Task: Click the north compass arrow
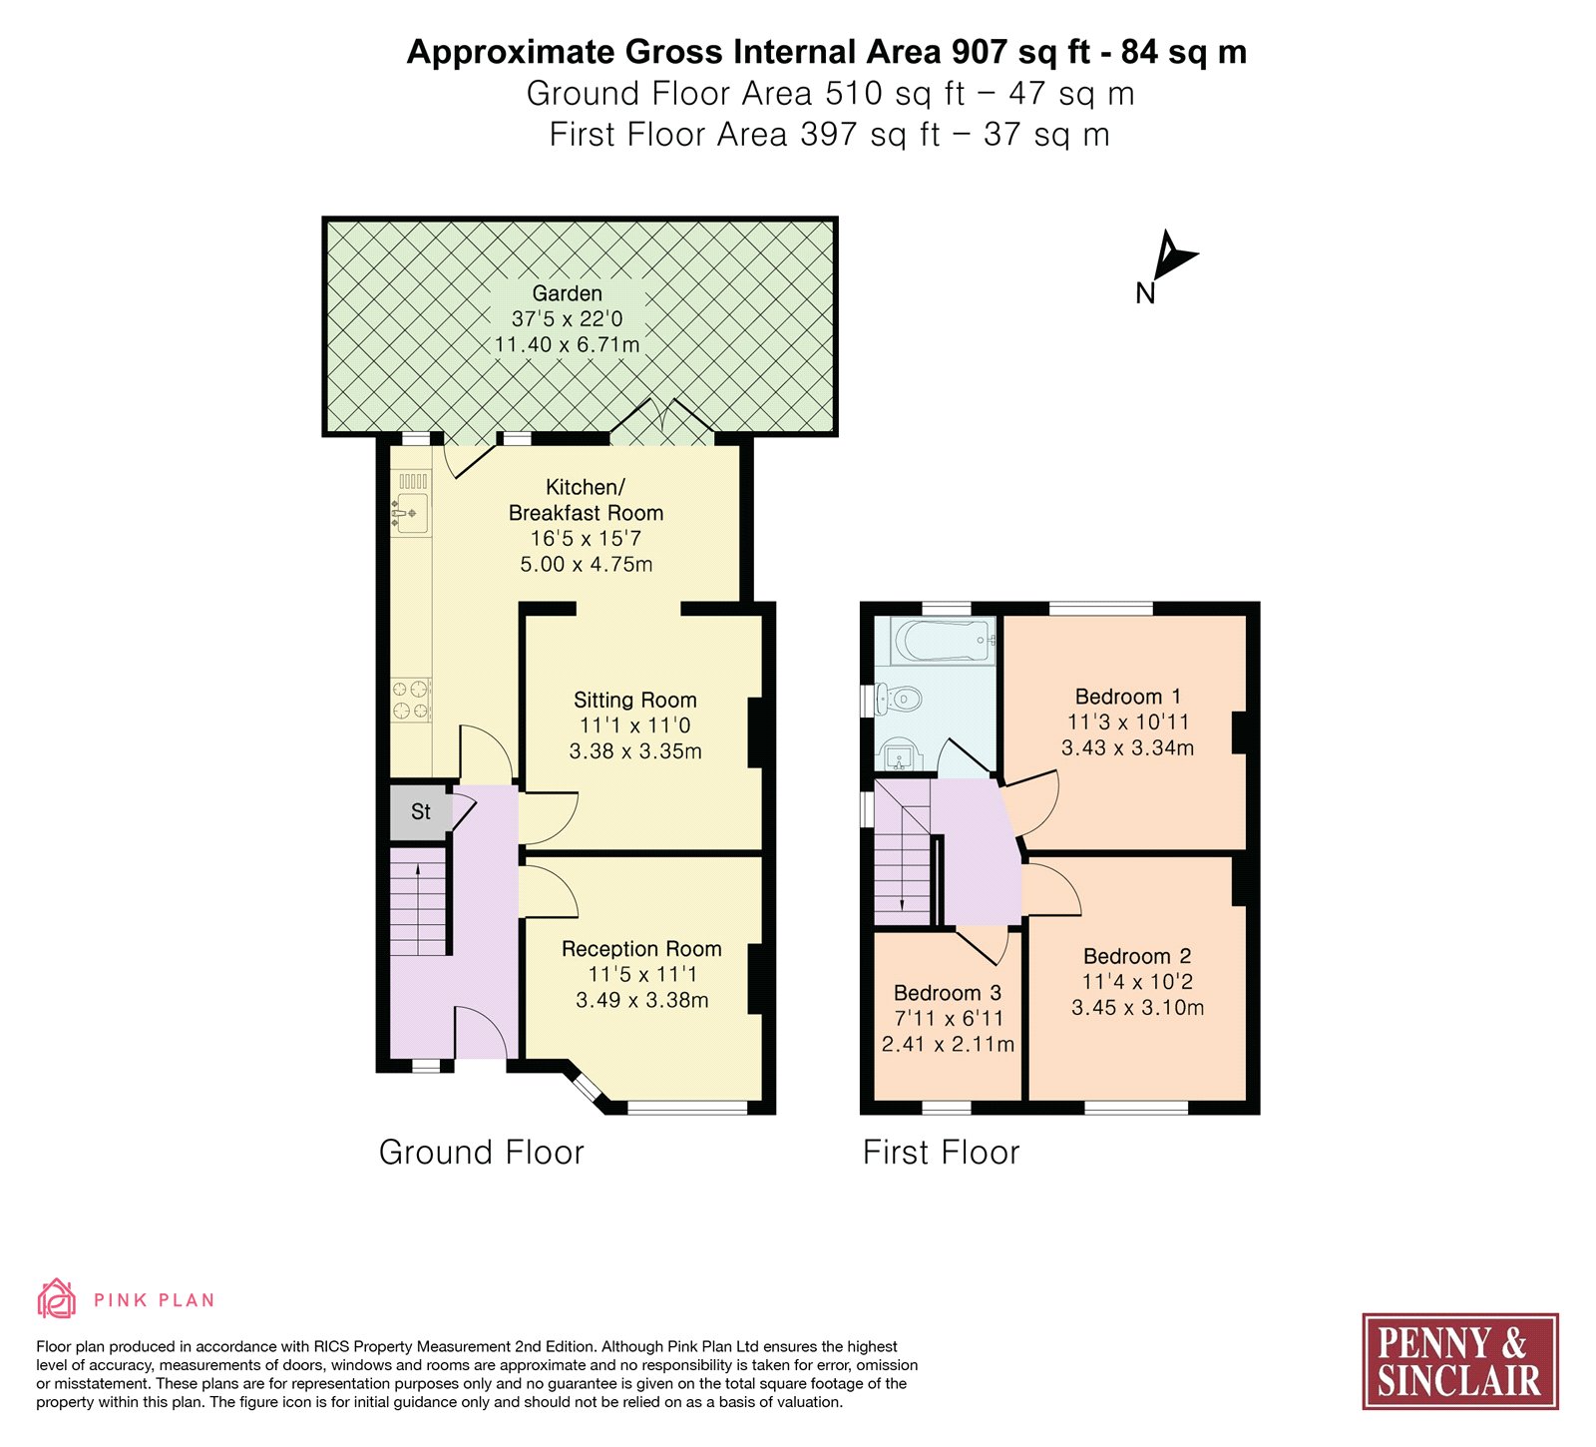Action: (1171, 256)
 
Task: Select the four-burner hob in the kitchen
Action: (411, 699)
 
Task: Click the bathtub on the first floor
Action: (945, 640)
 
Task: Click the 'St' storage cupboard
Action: (421, 812)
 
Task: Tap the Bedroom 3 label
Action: (948, 993)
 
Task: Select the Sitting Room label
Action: (635, 701)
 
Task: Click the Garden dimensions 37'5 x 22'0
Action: (568, 319)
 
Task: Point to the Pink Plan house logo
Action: (57, 1298)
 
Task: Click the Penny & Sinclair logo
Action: (1460, 1361)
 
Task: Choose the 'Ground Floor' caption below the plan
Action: (482, 1153)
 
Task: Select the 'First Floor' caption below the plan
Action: (942, 1153)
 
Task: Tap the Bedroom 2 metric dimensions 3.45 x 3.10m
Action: (1138, 1008)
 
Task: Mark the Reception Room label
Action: (641, 949)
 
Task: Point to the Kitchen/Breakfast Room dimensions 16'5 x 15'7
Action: (587, 539)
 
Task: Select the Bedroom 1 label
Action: (1128, 697)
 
